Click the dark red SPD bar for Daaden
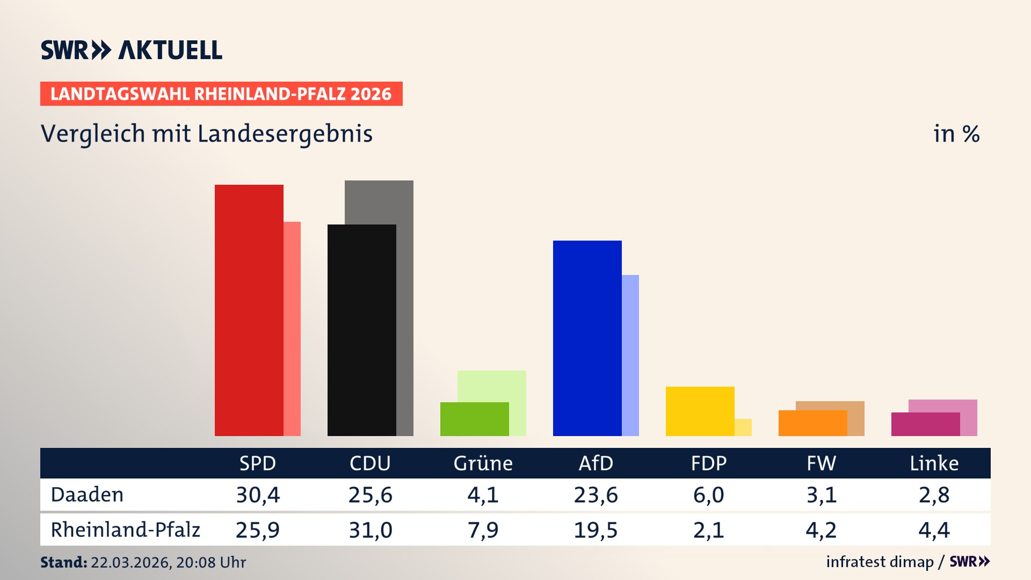[249, 310]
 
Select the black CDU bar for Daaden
[361, 330]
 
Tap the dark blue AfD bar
[587, 338]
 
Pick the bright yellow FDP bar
[700, 411]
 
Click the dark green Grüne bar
[474, 419]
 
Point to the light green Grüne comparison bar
[492, 386]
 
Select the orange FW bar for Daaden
[812, 423]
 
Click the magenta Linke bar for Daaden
[925, 424]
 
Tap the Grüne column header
[483, 463]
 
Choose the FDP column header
[708, 463]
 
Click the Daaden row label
[87, 495]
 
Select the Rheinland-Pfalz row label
[125, 530]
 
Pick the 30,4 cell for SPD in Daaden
[258, 495]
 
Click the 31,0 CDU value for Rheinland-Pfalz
[371, 530]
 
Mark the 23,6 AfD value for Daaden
[596, 495]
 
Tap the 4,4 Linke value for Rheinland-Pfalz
[934, 530]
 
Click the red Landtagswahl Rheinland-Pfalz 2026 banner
[221, 94]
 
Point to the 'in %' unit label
[956, 134]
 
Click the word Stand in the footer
[63, 562]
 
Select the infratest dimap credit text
[880, 562]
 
